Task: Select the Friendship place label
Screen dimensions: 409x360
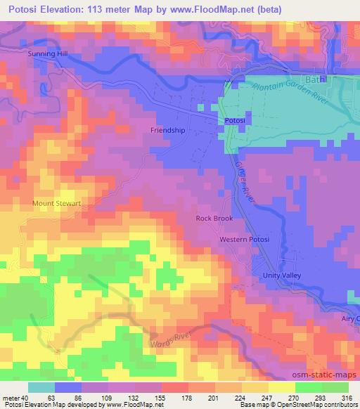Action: [x=168, y=130]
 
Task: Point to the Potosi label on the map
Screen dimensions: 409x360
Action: [x=234, y=121]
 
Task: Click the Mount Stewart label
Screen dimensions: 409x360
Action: [x=57, y=203]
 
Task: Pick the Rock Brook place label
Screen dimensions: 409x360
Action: [x=214, y=219]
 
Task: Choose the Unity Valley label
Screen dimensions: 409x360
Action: [x=281, y=275]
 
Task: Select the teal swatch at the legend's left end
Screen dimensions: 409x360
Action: [x=41, y=387]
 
